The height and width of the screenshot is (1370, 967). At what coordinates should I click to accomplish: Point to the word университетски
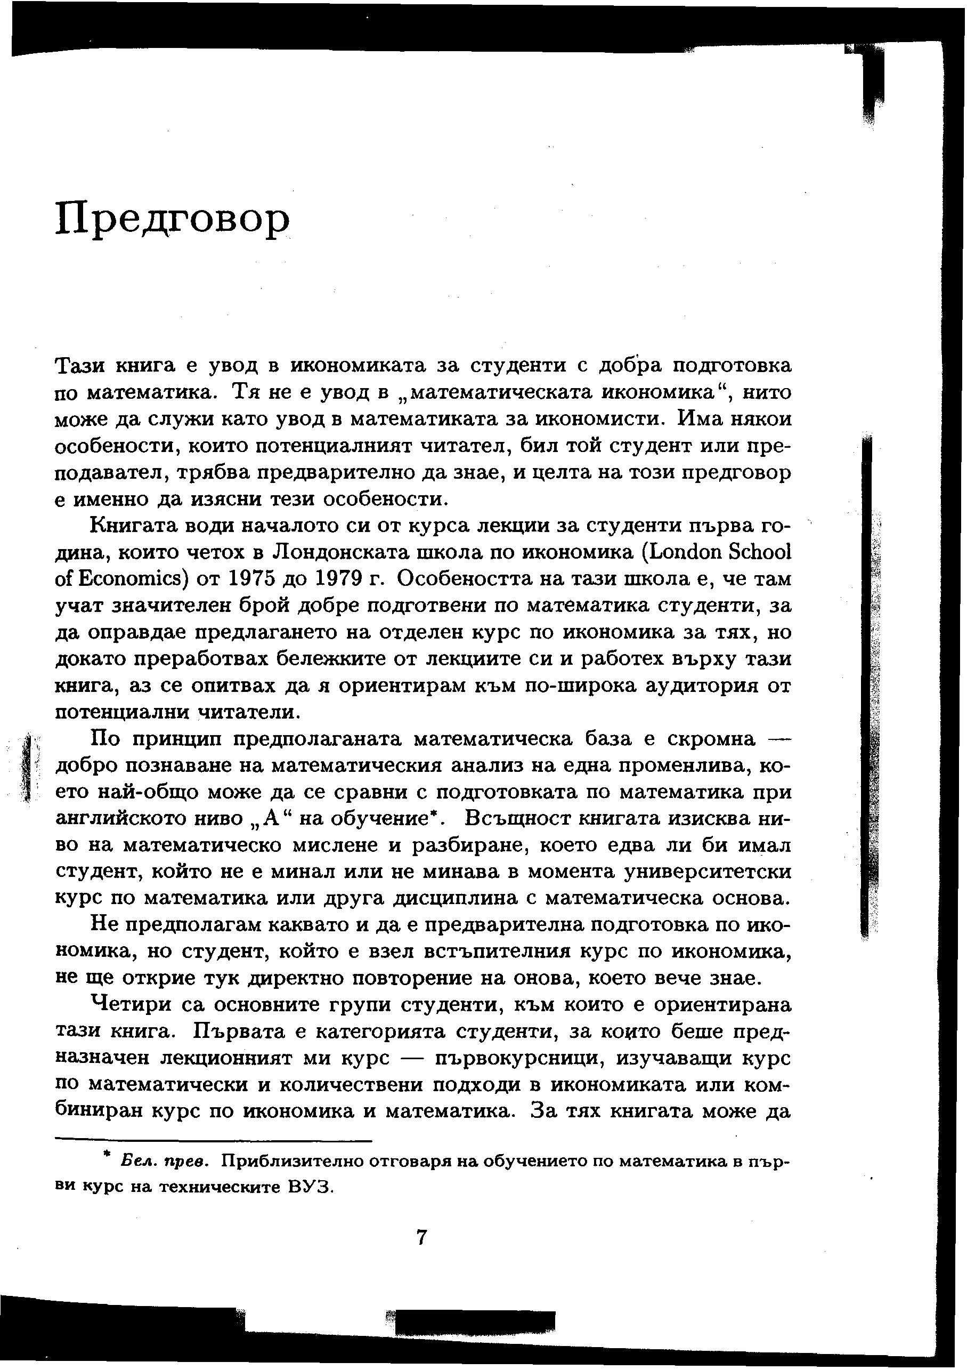point(708,871)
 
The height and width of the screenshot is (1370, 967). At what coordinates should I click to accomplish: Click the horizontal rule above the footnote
point(213,1141)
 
